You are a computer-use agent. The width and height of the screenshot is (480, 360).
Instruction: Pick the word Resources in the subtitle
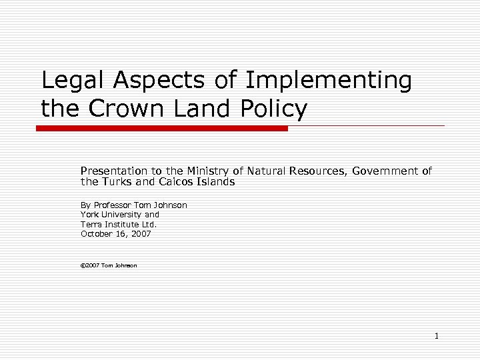point(314,171)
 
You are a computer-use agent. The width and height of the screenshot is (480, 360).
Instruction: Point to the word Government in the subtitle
point(385,171)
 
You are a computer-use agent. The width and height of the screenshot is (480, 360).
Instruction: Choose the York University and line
point(120,215)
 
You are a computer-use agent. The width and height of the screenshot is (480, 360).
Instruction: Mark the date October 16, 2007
point(116,234)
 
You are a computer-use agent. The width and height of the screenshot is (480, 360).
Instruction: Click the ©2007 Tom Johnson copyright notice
point(109,265)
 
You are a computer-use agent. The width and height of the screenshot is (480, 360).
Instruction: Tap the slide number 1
point(437,336)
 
